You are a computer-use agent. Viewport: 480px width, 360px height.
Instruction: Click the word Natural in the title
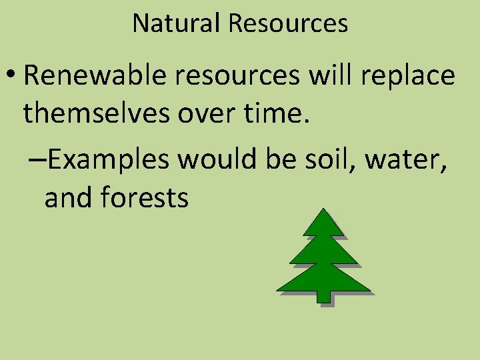point(177,23)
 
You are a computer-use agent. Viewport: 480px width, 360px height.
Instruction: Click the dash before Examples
point(38,161)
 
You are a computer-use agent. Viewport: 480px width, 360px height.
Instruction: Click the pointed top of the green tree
point(323,212)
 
